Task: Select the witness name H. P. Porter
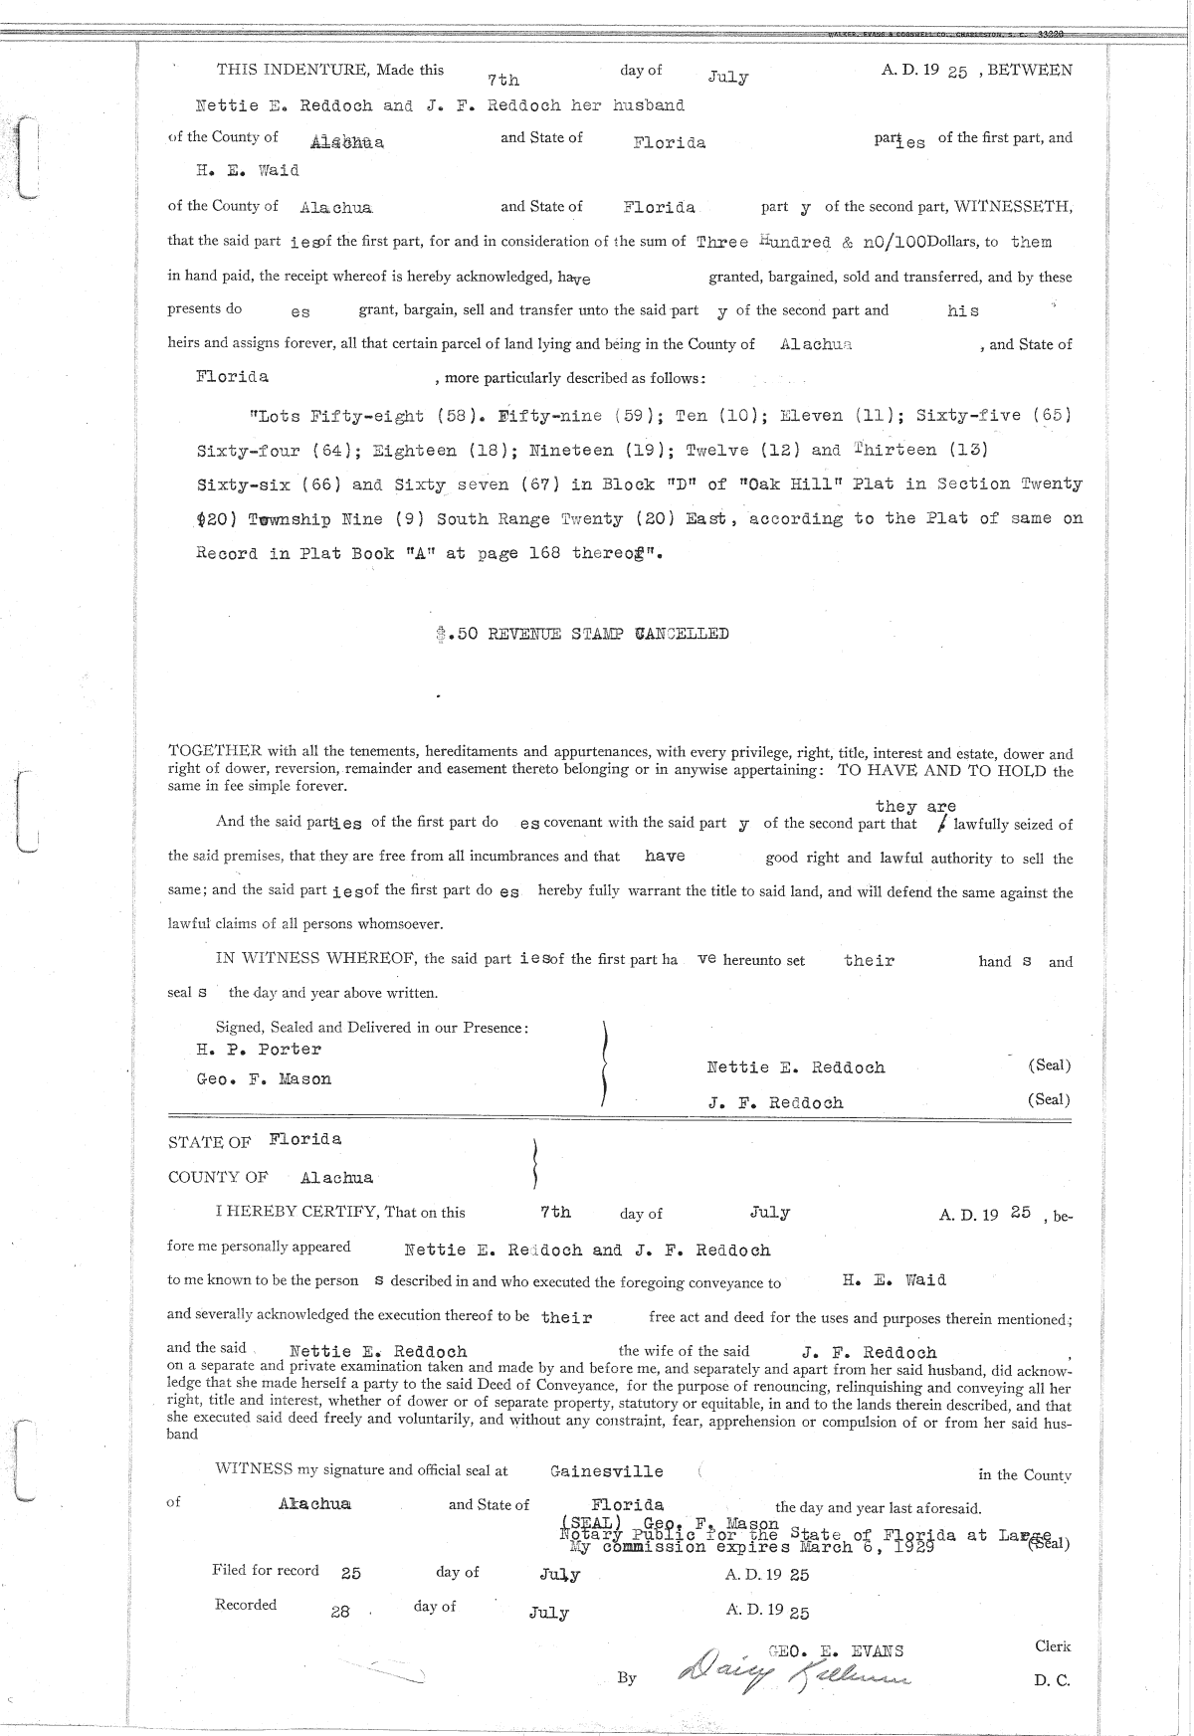[259, 1050]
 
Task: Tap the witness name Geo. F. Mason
[264, 1079]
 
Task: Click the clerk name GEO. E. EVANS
[836, 1651]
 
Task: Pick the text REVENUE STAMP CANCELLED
[608, 634]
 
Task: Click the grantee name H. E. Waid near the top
[248, 170]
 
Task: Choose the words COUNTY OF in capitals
[218, 1178]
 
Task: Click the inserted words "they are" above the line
[915, 806]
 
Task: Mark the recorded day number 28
[340, 1612]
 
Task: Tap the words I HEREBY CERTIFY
[297, 1213]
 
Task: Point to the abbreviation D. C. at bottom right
[1051, 1681]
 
